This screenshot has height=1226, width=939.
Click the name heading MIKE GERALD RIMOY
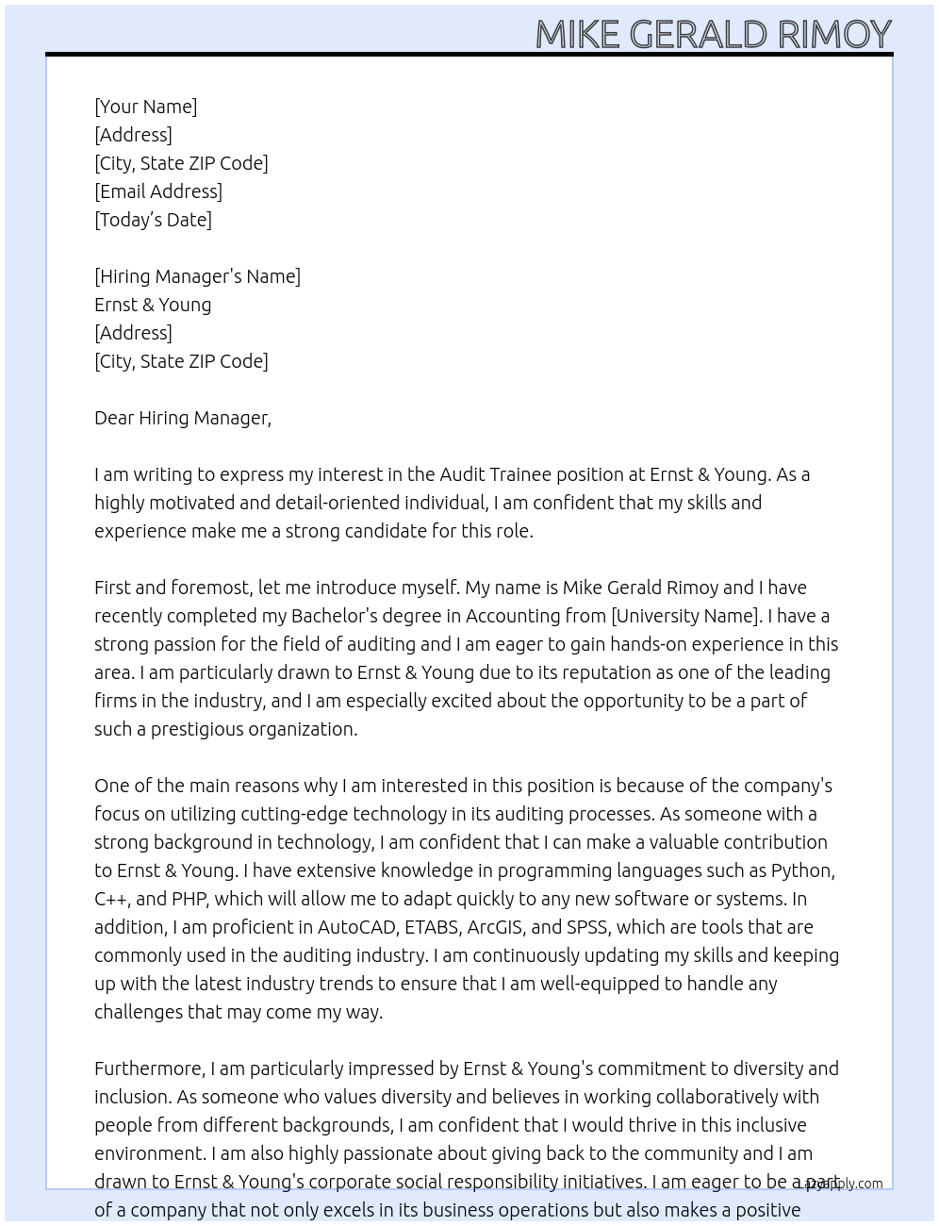pyautogui.click(x=713, y=34)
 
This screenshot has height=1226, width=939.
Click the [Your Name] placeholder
pyautogui.click(x=145, y=107)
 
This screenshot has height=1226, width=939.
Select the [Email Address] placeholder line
pyautogui.click(x=158, y=191)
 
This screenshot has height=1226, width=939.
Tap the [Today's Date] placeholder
pyautogui.click(x=153, y=220)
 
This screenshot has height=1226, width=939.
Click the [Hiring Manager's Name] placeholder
pyautogui.click(x=197, y=276)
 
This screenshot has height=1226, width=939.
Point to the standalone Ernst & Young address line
pyautogui.click(x=153, y=305)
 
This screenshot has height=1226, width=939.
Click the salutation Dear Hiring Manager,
pyautogui.click(x=183, y=418)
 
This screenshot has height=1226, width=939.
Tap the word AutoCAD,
pyautogui.click(x=357, y=927)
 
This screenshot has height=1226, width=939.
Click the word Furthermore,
pyautogui.click(x=149, y=1069)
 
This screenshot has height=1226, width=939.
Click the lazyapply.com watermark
pyautogui.click(x=842, y=1184)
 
